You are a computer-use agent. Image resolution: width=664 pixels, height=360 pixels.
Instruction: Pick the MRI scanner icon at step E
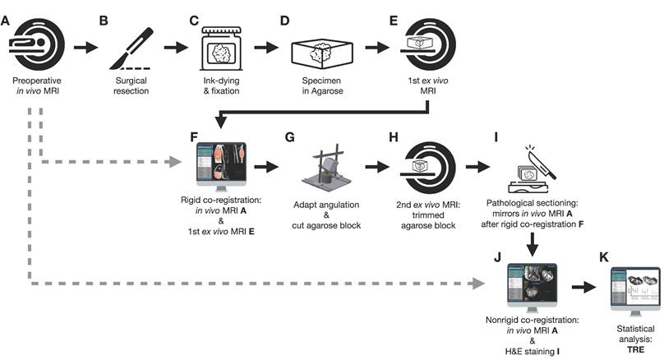coord(427,46)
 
